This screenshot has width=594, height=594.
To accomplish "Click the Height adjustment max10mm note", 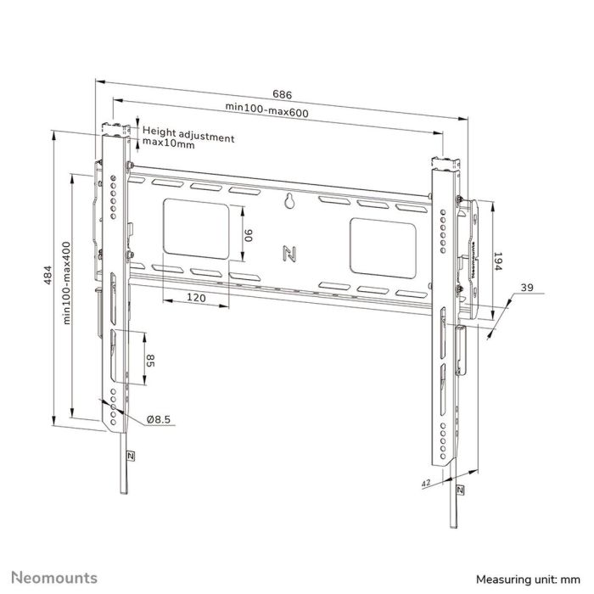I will (188, 138).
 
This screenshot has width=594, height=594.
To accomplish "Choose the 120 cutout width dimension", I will (196, 298).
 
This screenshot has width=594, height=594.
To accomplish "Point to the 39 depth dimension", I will (526, 289).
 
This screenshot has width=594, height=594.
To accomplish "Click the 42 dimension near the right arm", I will (425, 482).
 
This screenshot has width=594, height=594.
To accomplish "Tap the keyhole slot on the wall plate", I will (289, 202).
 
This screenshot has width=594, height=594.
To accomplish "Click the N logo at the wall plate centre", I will (288, 253).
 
